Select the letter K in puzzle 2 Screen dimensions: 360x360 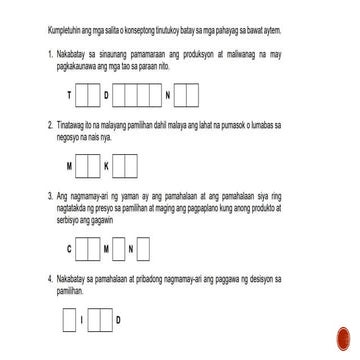point(108,166)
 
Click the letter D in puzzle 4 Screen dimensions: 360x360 point(117,320)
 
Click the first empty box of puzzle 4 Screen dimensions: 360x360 point(69,320)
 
